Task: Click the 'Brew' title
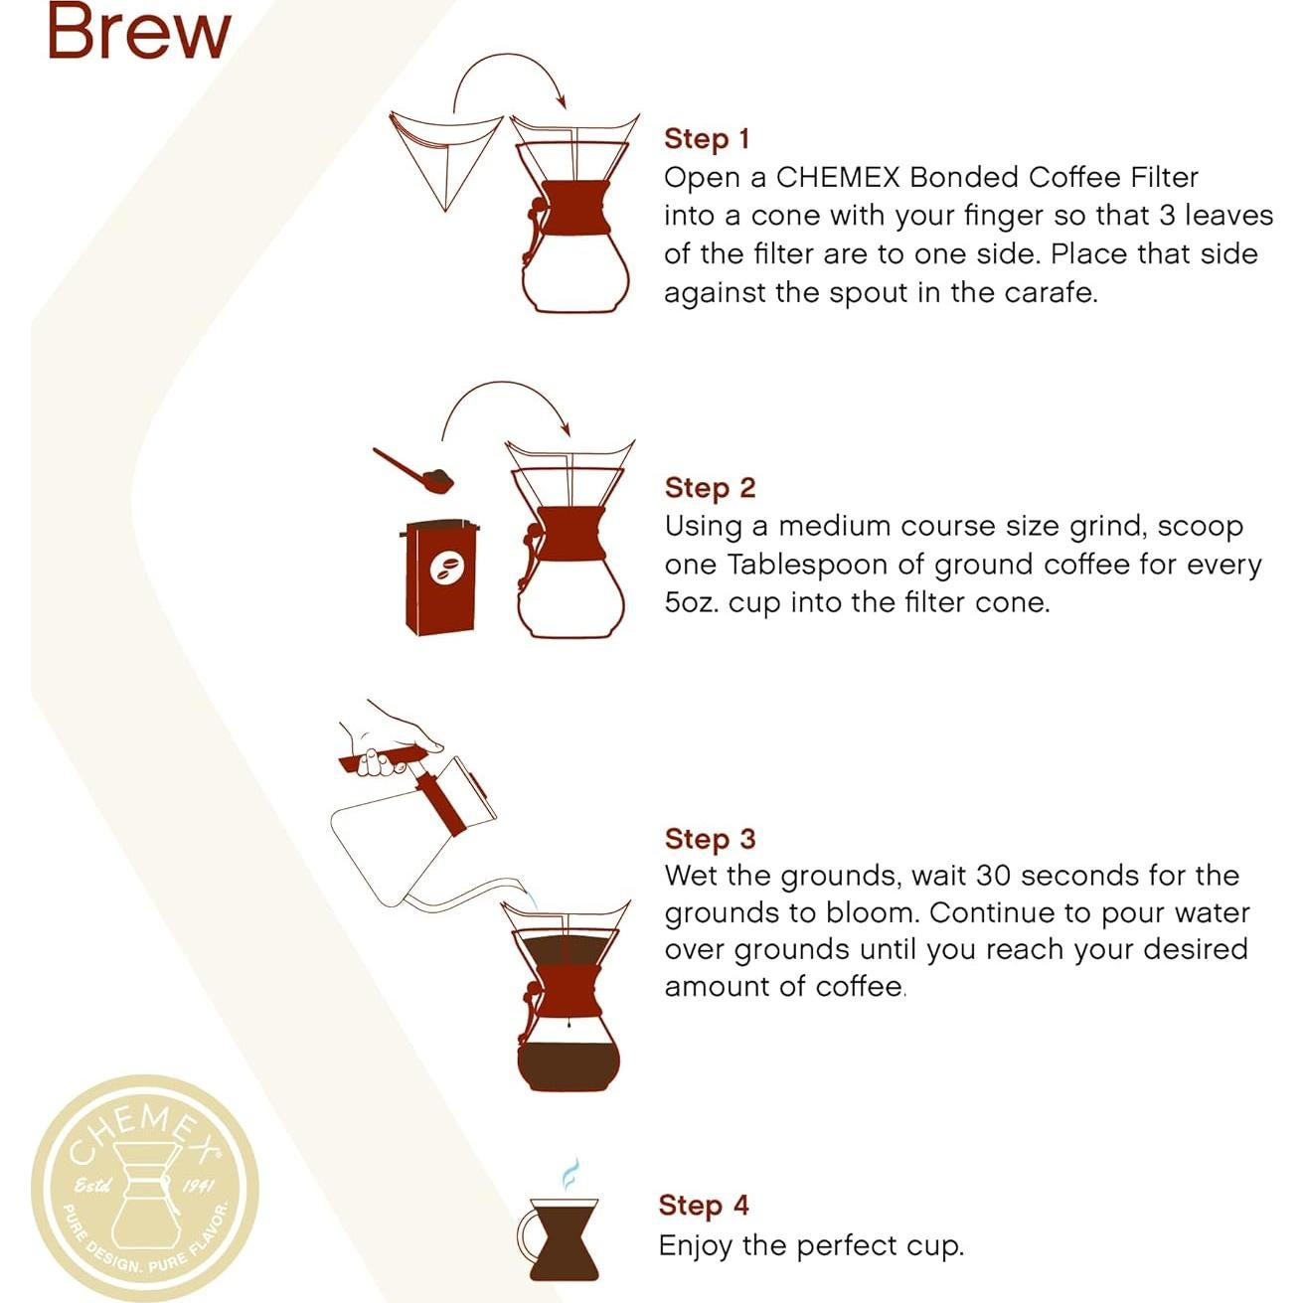pos(138,32)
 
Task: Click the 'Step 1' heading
pos(706,139)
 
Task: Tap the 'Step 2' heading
pos(710,488)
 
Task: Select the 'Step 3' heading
pos(710,839)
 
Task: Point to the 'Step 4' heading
pos(703,1206)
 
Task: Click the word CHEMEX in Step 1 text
pos(837,178)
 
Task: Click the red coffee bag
pos(441,576)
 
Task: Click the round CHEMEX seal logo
pos(145,1188)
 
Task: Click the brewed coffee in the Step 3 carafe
pos(568,1066)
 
